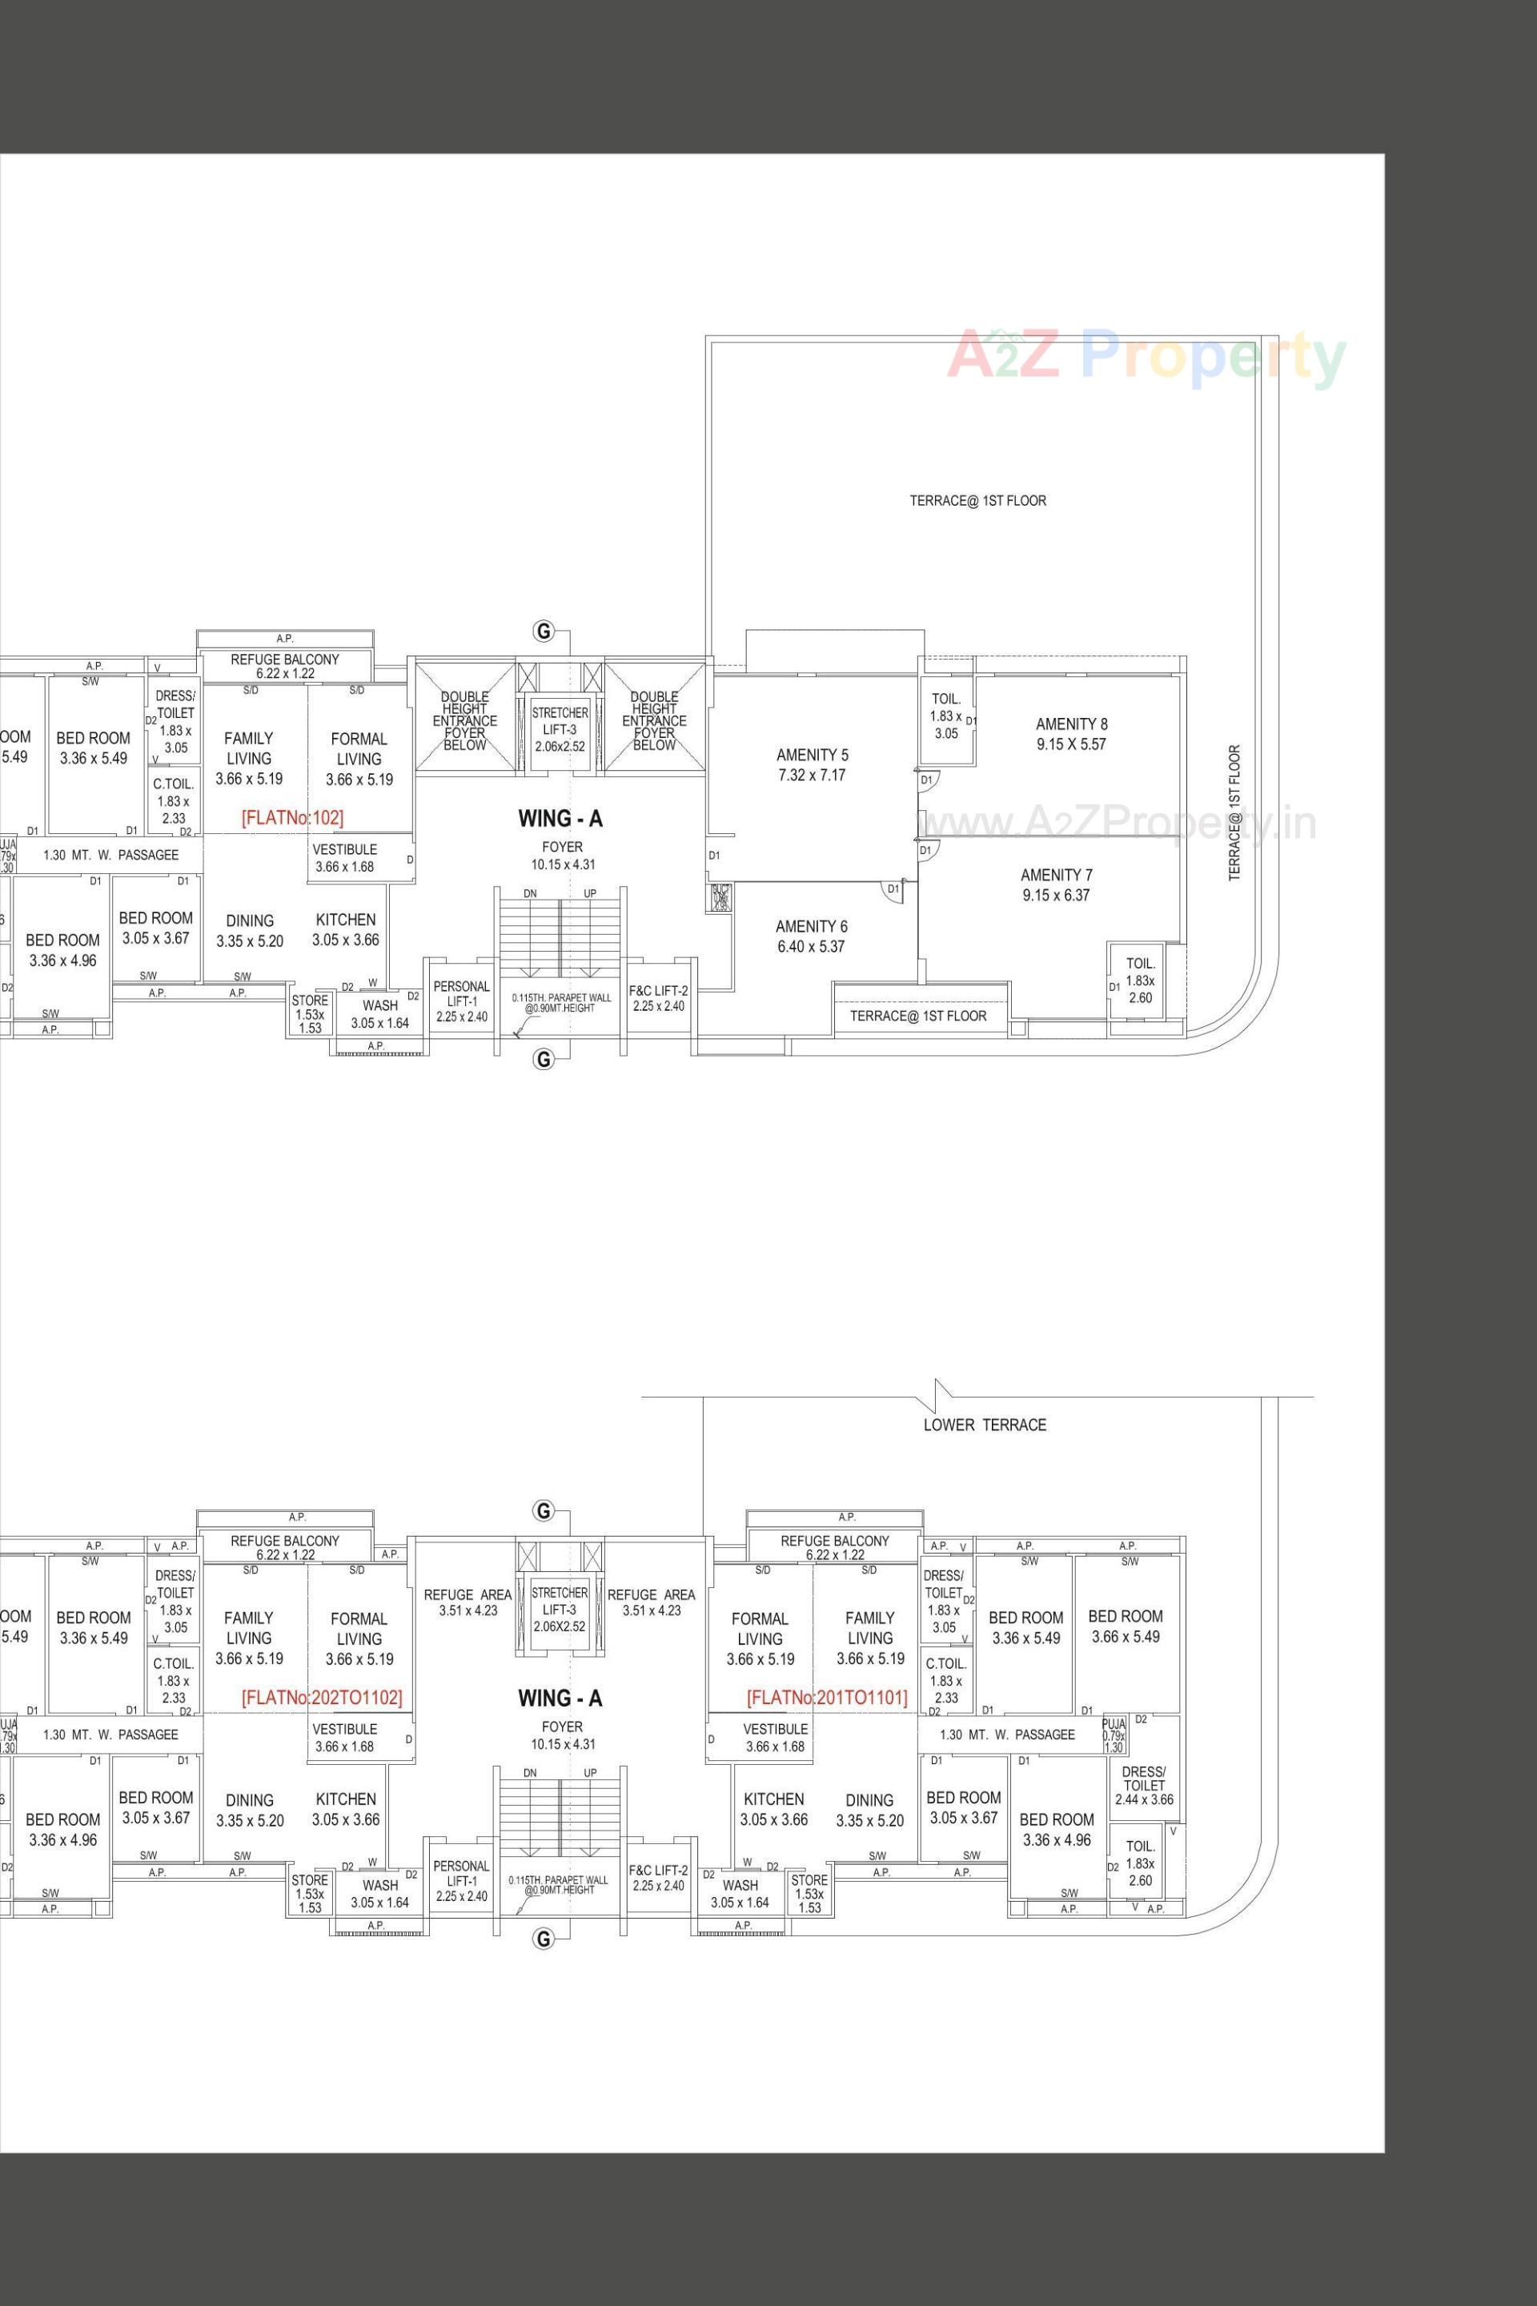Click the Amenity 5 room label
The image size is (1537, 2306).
point(812,764)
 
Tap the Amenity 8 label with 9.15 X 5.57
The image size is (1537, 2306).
point(1071,734)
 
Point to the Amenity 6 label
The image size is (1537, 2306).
point(811,936)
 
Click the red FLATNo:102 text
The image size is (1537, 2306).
point(292,817)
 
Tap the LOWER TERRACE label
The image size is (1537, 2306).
point(984,1425)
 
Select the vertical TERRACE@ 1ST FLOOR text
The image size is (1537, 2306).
point(1234,812)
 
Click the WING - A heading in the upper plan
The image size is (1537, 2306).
point(560,818)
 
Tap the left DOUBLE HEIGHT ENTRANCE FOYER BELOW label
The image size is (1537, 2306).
point(464,720)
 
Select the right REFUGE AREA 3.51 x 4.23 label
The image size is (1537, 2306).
point(651,1602)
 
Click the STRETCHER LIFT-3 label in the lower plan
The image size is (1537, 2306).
point(560,1607)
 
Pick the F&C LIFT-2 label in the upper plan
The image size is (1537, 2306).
point(658,997)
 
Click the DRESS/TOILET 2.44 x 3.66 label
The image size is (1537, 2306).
point(1143,1786)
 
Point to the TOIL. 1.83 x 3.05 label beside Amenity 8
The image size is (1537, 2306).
point(946,716)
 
